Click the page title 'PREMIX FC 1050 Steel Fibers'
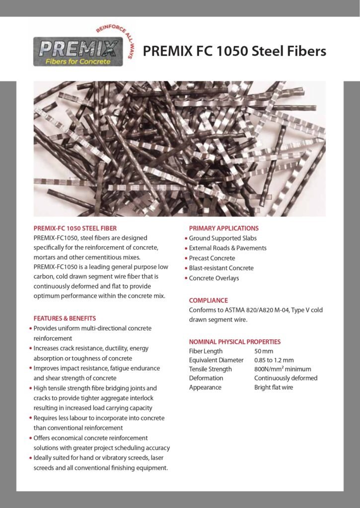pos(234,51)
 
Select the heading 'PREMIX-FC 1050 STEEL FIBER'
pos(75,229)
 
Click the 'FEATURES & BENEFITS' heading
pos(65,318)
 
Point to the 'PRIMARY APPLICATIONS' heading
pos(223,228)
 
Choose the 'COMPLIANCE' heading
pos(208,300)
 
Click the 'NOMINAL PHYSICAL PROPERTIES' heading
pos(234,342)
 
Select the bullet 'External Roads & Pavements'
pos(227,248)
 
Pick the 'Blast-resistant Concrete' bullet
pos(221,268)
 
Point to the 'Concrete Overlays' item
pos(214,278)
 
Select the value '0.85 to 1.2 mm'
pos(274,360)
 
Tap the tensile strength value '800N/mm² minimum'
pos(283,369)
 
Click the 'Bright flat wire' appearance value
pos(274,387)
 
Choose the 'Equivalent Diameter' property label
pos(216,360)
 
